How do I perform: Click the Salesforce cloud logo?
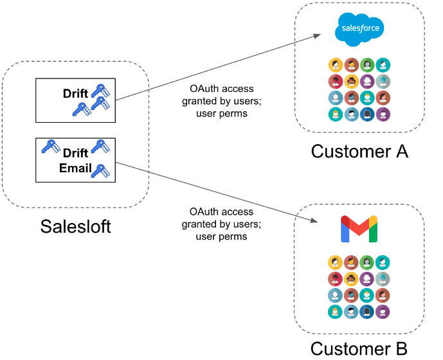(x=360, y=29)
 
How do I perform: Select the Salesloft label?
(x=76, y=226)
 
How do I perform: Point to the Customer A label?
(x=359, y=152)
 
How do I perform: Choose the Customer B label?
(x=359, y=348)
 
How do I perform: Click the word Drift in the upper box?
(x=76, y=94)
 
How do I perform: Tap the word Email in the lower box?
(x=75, y=168)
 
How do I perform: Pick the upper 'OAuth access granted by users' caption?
(x=222, y=101)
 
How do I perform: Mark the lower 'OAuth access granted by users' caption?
(x=222, y=224)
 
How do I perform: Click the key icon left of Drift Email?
(x=51, y=147)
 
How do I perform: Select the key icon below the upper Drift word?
(x=80, y=110)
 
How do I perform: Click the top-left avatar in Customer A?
(x=335, y=65)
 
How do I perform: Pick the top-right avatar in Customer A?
(x=383, y=65)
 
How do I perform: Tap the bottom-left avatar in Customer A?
(x=335, y=114)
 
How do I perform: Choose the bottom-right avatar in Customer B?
(x=383, y=312)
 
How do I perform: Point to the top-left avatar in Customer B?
(x=335, y=262)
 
